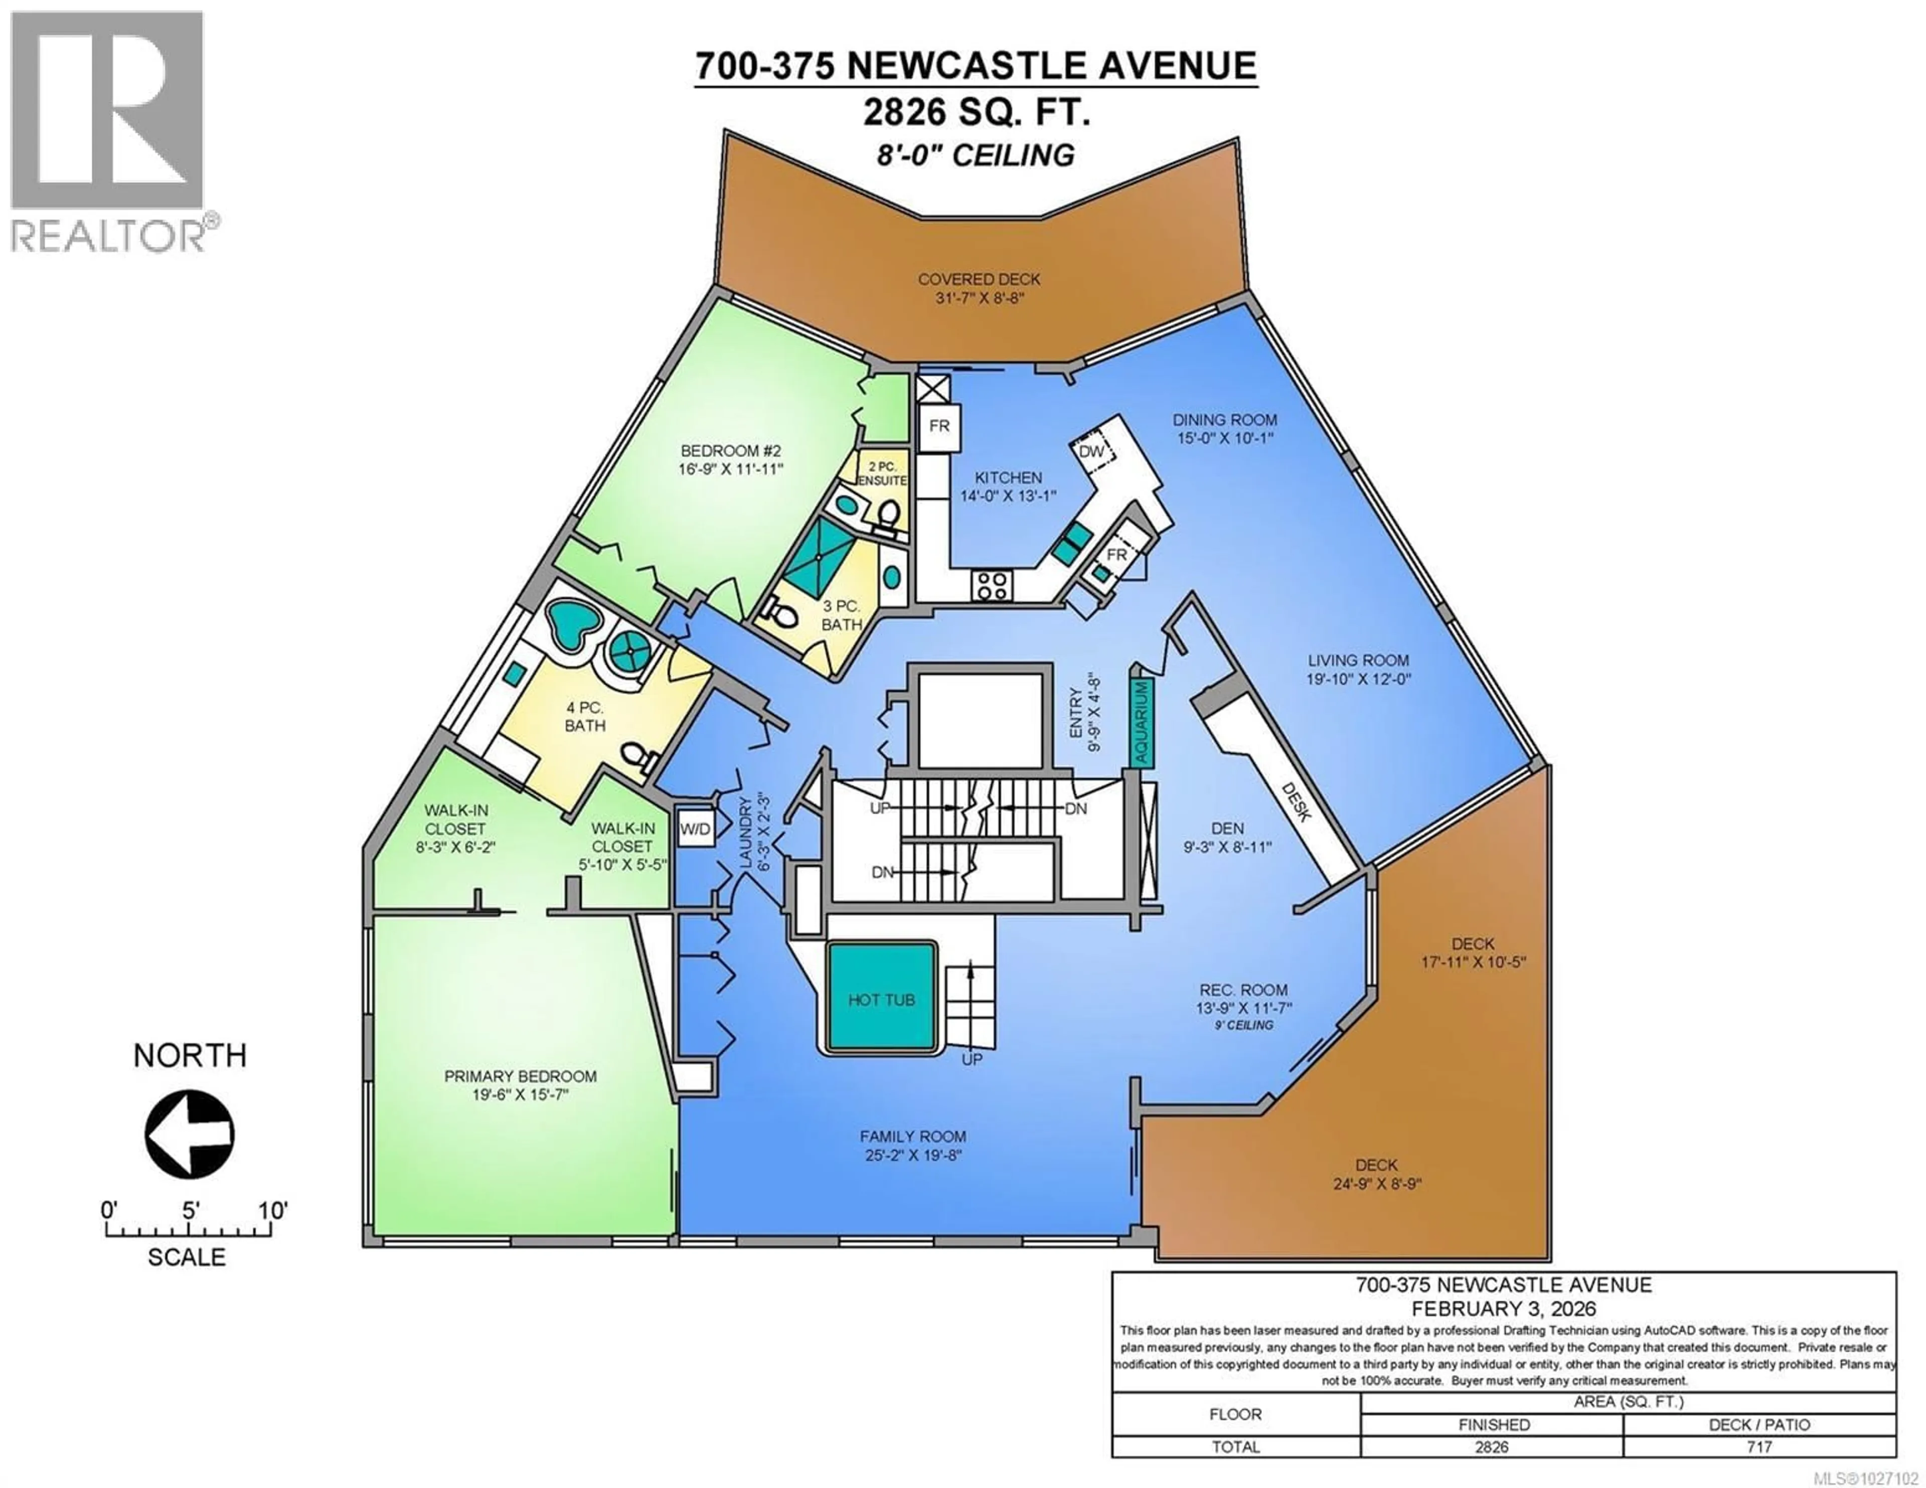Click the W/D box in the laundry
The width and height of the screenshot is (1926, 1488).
(x=695, y=829)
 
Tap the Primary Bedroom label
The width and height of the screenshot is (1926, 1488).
(x=520, y=1076)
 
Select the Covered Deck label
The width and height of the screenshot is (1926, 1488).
(x=979, y=279)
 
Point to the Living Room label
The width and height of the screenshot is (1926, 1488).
(x=1358, y=660)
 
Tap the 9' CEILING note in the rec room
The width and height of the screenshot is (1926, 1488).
(x=1243, y=1025)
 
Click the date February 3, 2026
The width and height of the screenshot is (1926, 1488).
(x=1504, y=1309)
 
